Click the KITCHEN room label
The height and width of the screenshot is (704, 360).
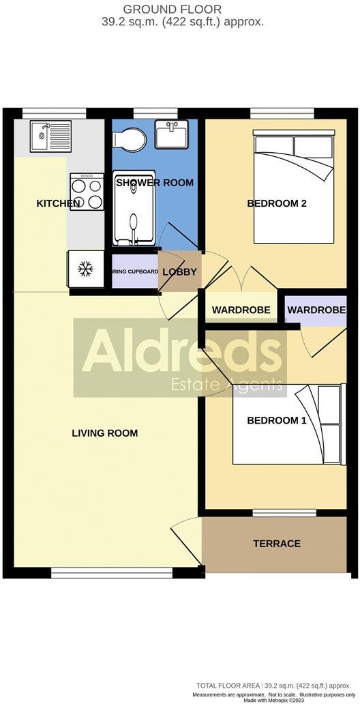(59, 203)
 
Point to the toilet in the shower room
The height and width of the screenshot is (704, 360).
(130, 139)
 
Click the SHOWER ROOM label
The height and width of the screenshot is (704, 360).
(155, 183)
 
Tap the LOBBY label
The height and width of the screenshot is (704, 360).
(180, 272)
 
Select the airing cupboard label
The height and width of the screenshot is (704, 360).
(135, 272)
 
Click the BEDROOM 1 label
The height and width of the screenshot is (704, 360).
(277, 420)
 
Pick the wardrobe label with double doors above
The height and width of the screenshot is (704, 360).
(241, 310)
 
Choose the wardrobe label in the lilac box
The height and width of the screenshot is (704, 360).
(316, 310)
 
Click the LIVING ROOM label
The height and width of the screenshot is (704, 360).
(105, 433)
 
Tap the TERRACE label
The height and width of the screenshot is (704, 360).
(277, 544)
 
